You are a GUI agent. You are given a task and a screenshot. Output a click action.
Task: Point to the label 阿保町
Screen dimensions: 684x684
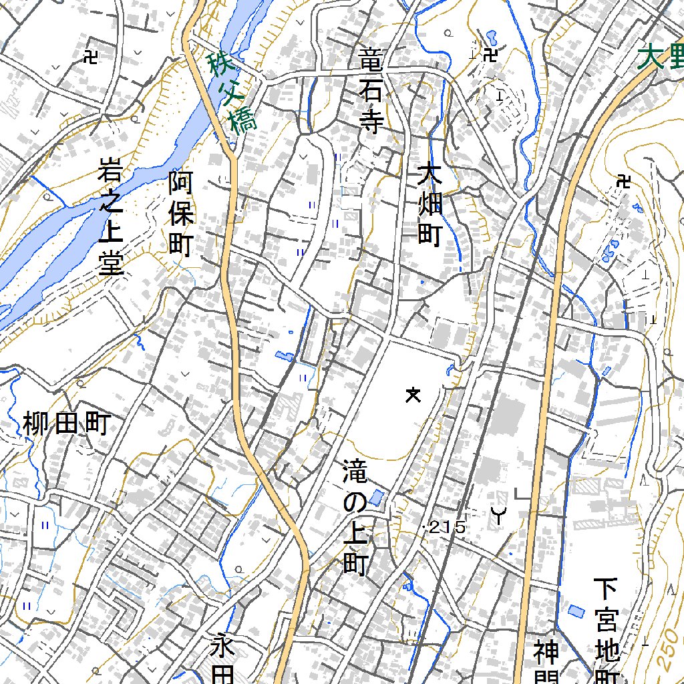click(x=180, y=214)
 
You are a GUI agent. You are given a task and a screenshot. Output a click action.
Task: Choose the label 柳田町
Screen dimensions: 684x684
click(x=65, y=424)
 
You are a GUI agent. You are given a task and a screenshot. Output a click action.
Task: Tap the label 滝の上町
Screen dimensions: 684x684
click(x=355, y=516)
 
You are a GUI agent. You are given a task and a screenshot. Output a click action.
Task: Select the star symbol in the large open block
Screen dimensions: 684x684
click(x=413, y=395)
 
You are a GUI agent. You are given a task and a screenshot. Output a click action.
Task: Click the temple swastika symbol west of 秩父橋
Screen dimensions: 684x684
click(x=90, y=57)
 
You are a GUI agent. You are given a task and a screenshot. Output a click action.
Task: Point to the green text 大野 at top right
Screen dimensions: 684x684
click(x=660, y=57)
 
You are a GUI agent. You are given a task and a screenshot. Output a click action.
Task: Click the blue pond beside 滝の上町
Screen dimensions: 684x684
click(x=376, y=498)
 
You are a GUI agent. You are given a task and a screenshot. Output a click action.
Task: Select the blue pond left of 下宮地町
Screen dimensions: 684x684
click(x=574, y=611)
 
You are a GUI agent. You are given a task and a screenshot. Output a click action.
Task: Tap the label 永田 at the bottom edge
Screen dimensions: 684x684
click(x=224, y=661)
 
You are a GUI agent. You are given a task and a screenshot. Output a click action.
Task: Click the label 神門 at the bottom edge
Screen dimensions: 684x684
click(x=546, y=661)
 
